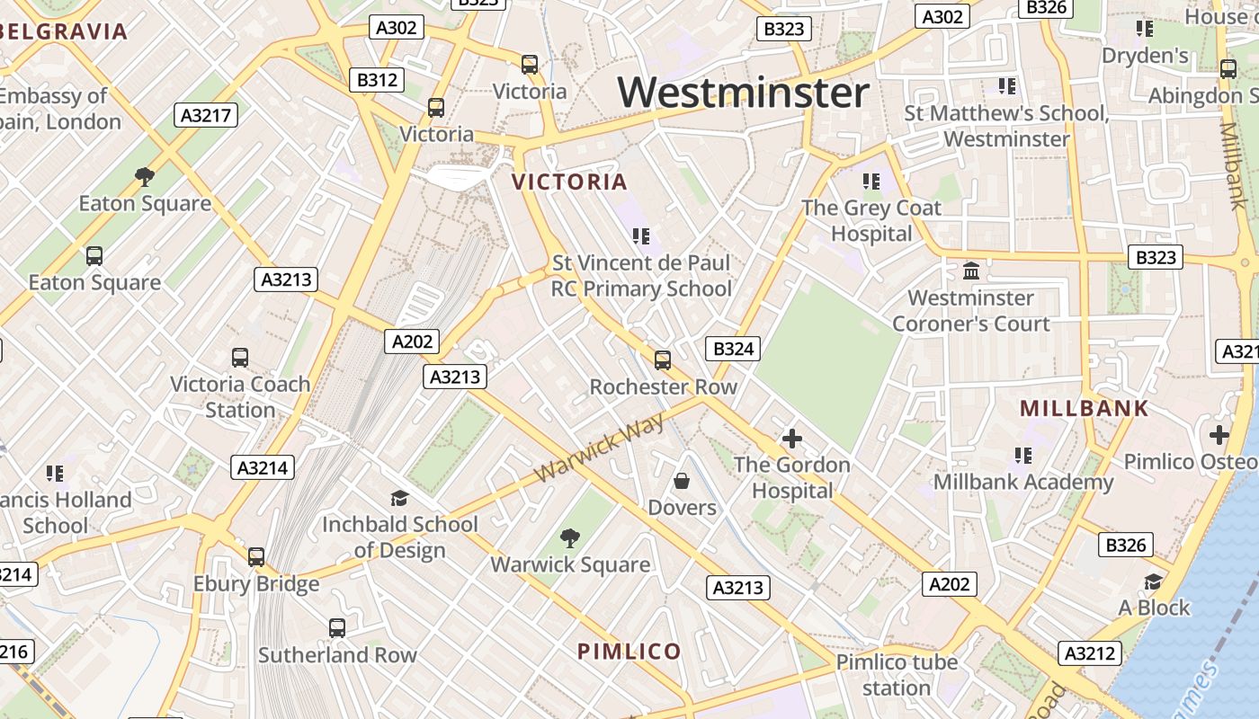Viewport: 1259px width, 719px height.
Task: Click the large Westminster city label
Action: [744, 92]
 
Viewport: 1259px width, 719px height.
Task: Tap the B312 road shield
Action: [377, 80]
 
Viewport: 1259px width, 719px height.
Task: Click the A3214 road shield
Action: [263, 467]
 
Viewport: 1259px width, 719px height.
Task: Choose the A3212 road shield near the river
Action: [1089, 653]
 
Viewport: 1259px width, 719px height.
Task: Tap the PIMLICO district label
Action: [629, 652]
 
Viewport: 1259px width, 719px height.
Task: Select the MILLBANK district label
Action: [1084, 409]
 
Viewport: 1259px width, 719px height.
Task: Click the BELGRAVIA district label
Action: [65, 32]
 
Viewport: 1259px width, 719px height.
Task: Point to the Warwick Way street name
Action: [599, 447]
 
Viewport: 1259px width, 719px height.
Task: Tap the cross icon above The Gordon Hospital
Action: [791, 439]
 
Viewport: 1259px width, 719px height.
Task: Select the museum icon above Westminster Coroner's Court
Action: [971, 271]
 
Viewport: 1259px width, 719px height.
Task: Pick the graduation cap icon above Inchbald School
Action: [399, 498]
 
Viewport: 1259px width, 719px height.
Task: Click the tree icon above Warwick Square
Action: [569, 538]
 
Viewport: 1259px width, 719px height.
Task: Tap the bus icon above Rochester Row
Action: [663, 360]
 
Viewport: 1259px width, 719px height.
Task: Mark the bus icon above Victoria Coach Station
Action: [240, 358]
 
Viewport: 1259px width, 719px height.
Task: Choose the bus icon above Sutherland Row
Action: [337, 628]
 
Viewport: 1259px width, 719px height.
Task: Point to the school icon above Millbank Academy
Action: [1022, 456]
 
